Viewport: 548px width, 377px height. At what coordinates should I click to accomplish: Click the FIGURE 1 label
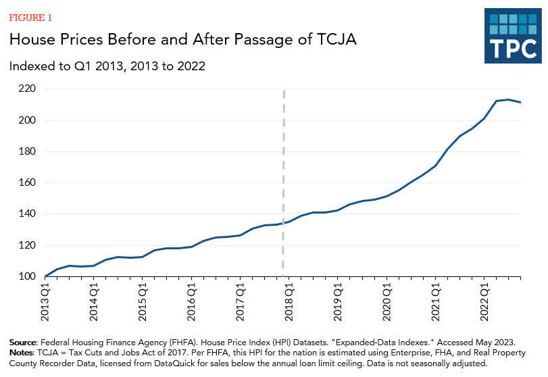29,17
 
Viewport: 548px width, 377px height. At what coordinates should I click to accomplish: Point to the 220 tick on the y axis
26,89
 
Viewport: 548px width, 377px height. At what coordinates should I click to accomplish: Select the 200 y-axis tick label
26,120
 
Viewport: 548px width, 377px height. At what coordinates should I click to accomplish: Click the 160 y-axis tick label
26,182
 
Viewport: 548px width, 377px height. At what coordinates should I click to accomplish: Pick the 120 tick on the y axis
26,245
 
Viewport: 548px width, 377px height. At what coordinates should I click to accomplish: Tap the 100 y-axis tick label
26,276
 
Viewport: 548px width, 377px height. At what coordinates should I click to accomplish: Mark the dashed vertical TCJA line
283,169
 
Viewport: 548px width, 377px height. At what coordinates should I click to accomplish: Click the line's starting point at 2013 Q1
45,276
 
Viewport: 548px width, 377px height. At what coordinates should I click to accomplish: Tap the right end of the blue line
520,102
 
